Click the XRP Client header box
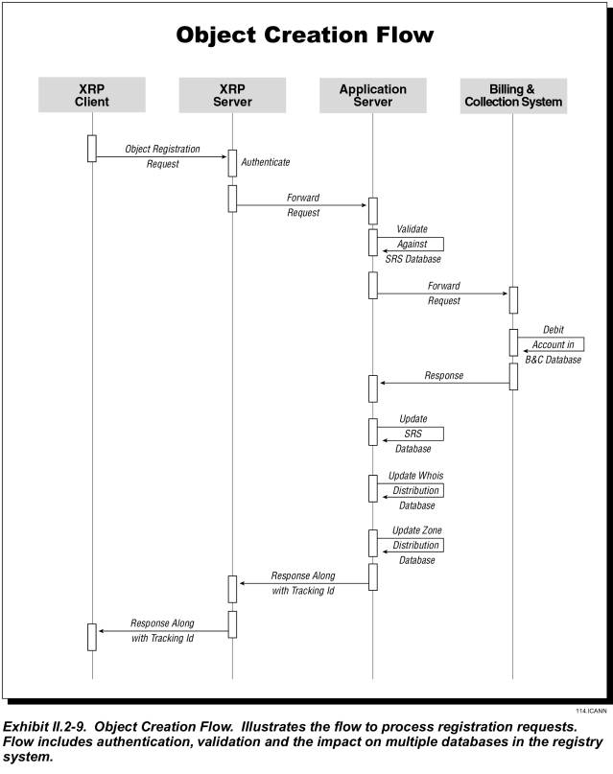(92, 95)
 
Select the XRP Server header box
(232, 95)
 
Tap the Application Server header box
(373, 95)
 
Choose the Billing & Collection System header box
(513, 96)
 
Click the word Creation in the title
(316, 35)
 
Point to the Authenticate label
(266, 162)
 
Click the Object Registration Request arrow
(161, 157)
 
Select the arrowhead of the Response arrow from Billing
(383, 383)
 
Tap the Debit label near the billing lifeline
(554, 330)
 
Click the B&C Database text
(553, 360)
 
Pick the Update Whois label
(415, 476)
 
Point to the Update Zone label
(417, 530)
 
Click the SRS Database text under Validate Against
(413, 259)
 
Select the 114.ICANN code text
(591, 711)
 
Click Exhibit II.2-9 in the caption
(45, 727)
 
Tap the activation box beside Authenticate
(232, 163)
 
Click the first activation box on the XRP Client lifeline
(92, 148)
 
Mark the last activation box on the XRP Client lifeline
(92, 637)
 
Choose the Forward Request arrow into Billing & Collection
(443, 293)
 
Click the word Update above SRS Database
(413, 418)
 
